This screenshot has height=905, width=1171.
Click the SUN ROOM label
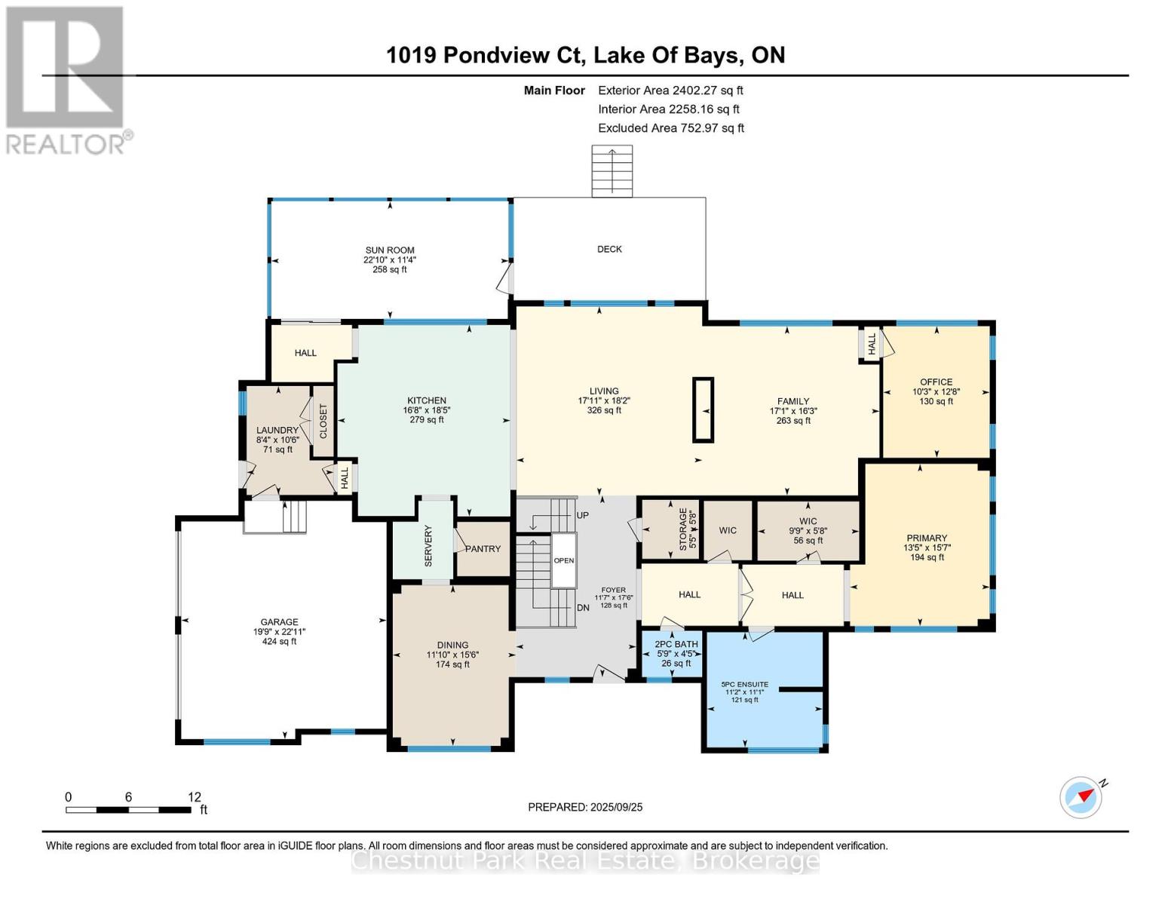pyautogui.click(x=390, y=250)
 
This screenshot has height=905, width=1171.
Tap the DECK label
pyautogui.click(x=609, y=249)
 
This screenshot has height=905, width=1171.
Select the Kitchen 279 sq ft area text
pyautogui.click(x=427, y=420)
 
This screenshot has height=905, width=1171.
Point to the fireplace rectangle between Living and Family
pyautogui.click(x=703, y=410)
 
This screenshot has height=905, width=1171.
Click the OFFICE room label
pyautogui.click(x=936, y=382)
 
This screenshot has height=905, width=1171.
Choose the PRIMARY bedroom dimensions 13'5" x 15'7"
pyautogui.click(x=927, y=548)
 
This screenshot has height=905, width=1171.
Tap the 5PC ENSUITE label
pyautogui.click(x=744, y=684)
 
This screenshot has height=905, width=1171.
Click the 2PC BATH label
pyautogui.click(x=676, y=644)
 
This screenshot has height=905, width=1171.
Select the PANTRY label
pyautogui.click(x=483, y=548)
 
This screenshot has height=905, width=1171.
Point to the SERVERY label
pyautogui.click(x=428, y=547)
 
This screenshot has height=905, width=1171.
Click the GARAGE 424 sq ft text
pyautogui.click(x=279, y=642)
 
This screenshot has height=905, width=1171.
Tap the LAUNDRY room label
pyautogui.click(x=277, y=430)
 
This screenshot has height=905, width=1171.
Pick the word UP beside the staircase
pyautogui.click(x=583, y=515)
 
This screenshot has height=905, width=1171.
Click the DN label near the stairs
pyautogui.click(x=583, y=607)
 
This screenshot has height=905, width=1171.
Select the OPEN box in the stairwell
pyautogui.click(x=564, y=560)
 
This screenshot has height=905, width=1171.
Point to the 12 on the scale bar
pyautogui.click(x=195, y=797)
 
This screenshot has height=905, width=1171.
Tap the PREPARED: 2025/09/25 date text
pyautogui.click(x=585, y=807)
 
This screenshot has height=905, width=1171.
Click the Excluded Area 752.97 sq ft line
pyautogui.click(x=670, y=128)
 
